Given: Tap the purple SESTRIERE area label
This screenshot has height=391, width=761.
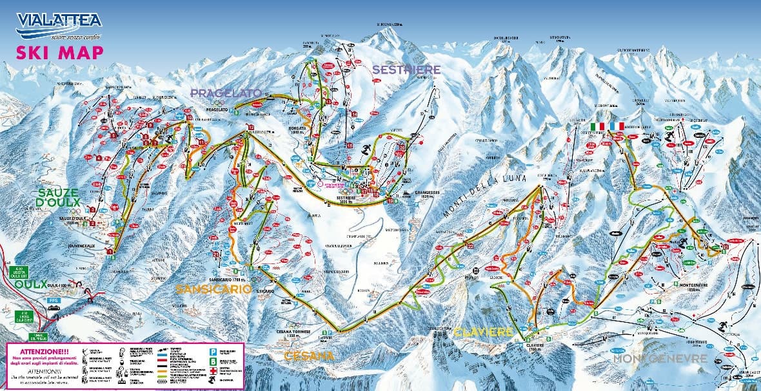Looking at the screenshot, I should (x=406, y=69).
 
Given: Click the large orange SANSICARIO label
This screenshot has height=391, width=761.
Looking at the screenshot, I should (x=213, y=290).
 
